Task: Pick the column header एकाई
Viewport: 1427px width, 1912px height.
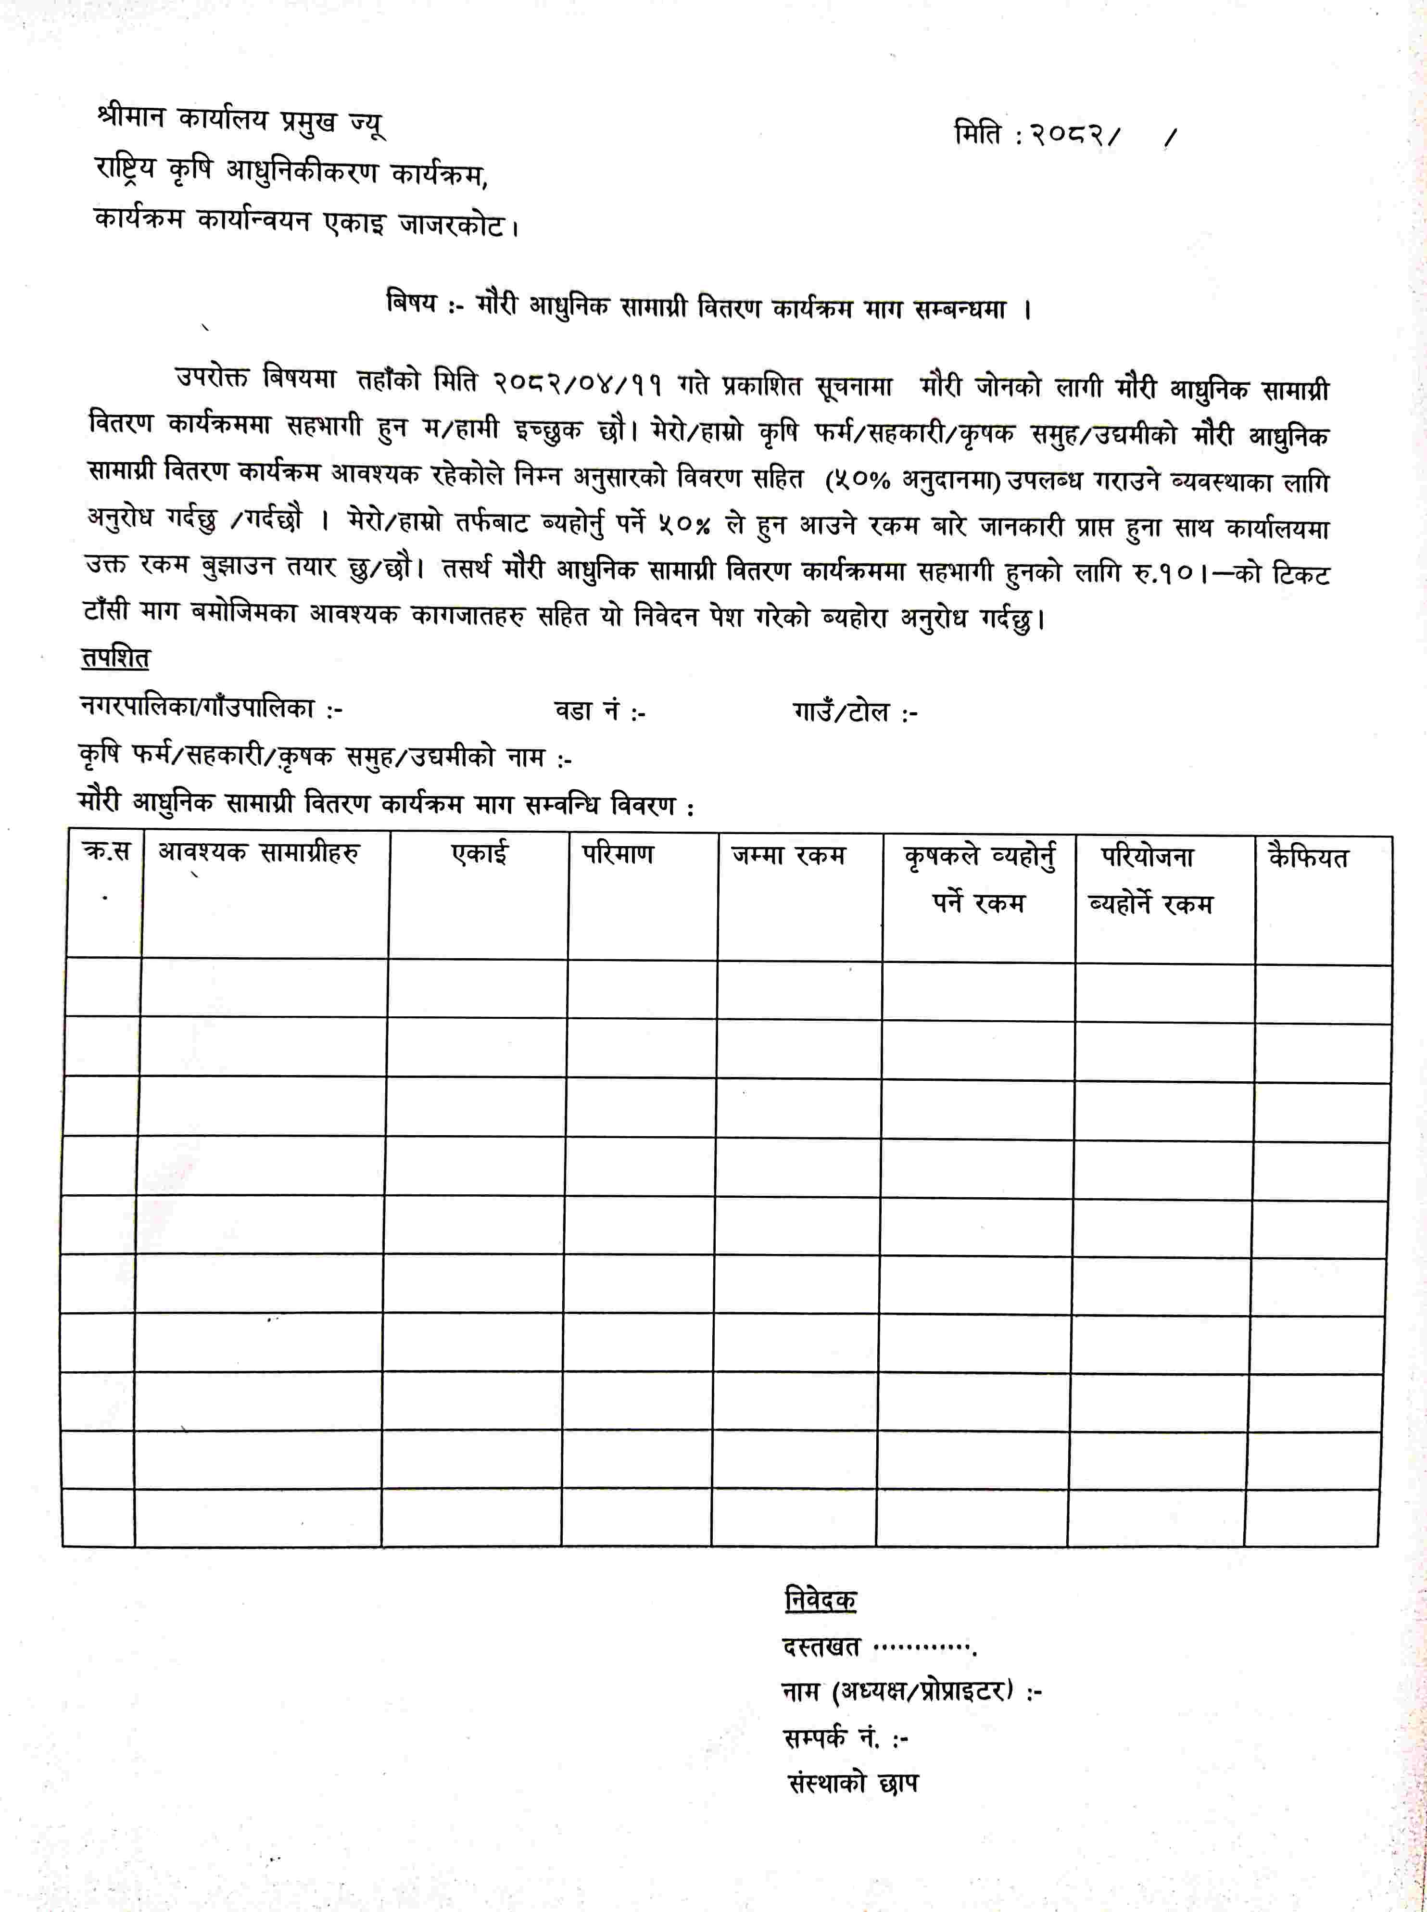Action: (480, 854)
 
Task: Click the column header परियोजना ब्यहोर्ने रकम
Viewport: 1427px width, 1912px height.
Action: (1149, 880)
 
